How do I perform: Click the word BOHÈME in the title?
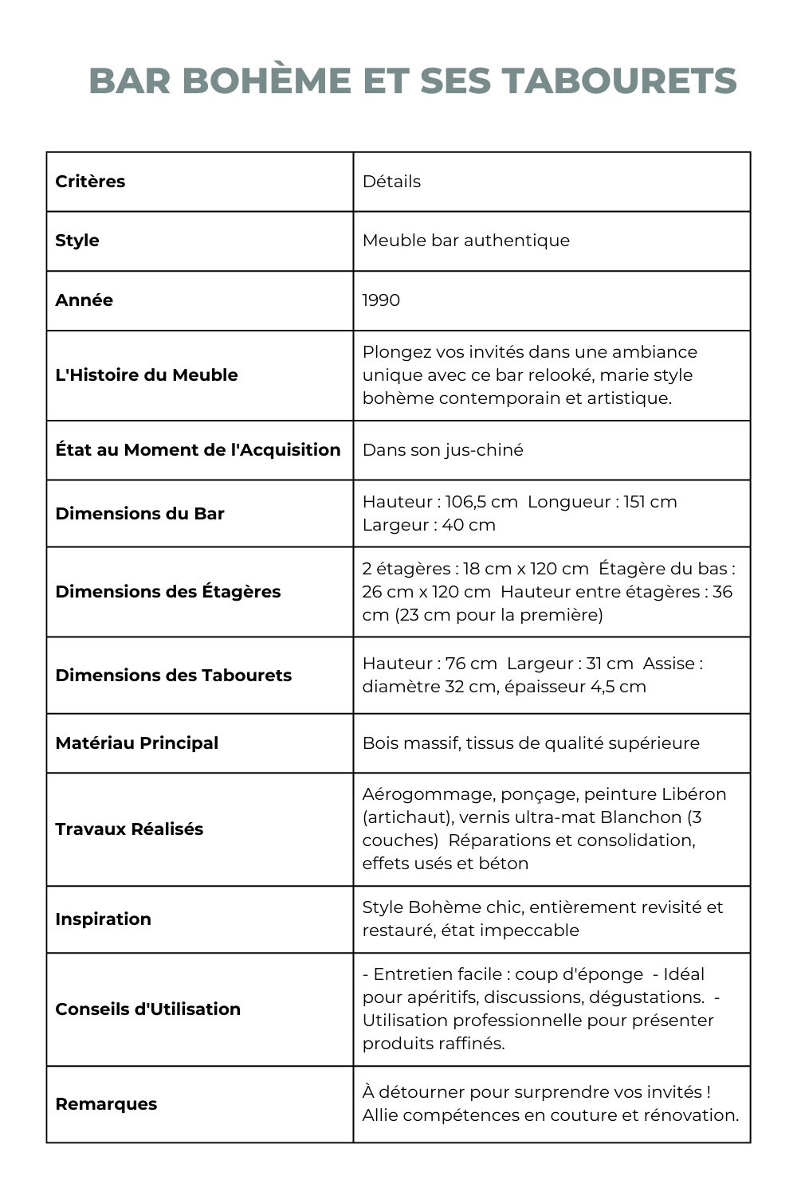[x=267, y=81]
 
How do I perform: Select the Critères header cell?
[x=90, y=182]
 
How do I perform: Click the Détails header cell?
[x=391, y=182]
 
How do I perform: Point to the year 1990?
[x=381, y=300]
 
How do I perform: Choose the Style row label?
[x=77, y=241]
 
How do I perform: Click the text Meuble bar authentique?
[x=466, y=241]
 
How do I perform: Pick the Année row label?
[x=84, y=300]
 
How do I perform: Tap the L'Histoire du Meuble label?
[x=147, y=375]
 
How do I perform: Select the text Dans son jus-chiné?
[x=442, y=450]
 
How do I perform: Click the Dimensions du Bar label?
[x=139, y=514]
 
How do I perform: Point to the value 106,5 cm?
[x=481, y=502]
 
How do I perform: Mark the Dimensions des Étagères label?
[x=168, y=592]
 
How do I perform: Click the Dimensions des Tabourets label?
[x=173, y=676]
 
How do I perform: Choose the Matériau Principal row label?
[x=136, y=743]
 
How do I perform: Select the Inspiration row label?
[x=103, y=919]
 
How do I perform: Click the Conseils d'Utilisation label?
[x=147, y=1009]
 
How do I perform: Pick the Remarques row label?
[x=106, y=1104]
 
